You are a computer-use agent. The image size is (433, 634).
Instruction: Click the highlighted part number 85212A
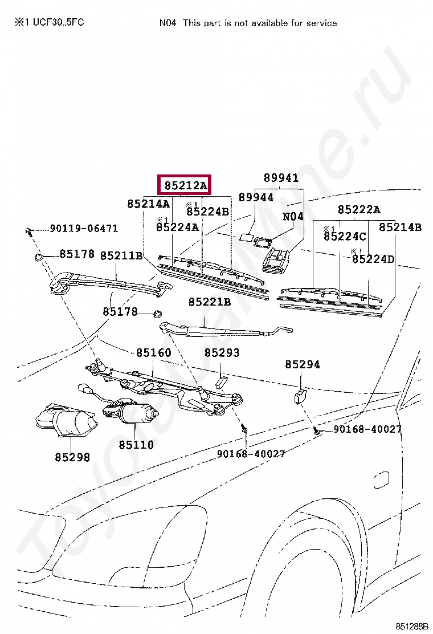click(x=185, y=185)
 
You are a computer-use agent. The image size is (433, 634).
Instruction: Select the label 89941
click(x=281, y=178)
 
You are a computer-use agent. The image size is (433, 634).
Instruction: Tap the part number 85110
click(x=136, y=444)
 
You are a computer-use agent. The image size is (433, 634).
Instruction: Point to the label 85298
click(x=72, y=457)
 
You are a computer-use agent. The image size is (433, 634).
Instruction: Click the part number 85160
click(x=153, y=353)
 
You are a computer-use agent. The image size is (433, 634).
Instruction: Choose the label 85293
click(x=222, y=353)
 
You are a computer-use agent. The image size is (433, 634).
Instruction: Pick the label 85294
click(x=303, y=364)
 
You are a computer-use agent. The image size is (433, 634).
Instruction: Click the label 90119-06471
click(x=84, y=229)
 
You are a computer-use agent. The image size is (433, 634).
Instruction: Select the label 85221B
click(x=210, y=302)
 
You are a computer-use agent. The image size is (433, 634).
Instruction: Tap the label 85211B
click(x=121, y=255)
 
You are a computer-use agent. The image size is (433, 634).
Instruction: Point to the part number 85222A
click(x=359, y=209)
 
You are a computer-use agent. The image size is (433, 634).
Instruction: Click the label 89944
click(x=256, y=198)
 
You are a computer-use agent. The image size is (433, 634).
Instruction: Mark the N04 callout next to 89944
click(x=293, y=217)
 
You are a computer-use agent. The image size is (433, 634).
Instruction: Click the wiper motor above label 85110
click(x=130, y=412)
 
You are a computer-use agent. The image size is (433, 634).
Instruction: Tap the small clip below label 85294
click(x=300, y=395)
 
